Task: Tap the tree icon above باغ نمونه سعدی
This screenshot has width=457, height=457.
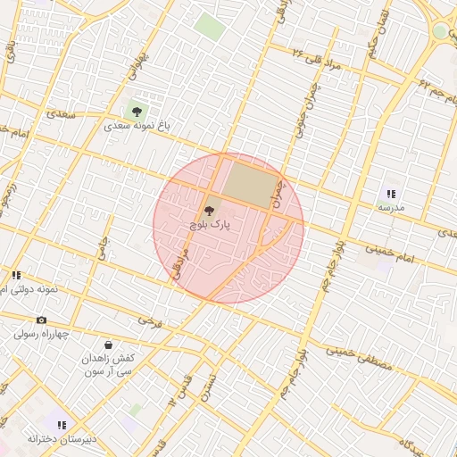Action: [136, 112]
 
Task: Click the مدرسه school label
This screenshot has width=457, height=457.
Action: [391, 207]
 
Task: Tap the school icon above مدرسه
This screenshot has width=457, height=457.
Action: [391, 194]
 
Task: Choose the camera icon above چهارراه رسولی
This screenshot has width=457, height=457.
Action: [41, 320]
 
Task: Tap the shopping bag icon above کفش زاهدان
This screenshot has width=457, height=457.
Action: [108, 344]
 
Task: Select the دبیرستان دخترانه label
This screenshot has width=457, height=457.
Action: [61, 438]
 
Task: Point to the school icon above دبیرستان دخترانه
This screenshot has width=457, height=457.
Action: [61, 425]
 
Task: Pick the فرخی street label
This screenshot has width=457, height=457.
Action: [150, 321]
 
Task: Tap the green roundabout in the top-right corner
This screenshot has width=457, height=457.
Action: [441, 32]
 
